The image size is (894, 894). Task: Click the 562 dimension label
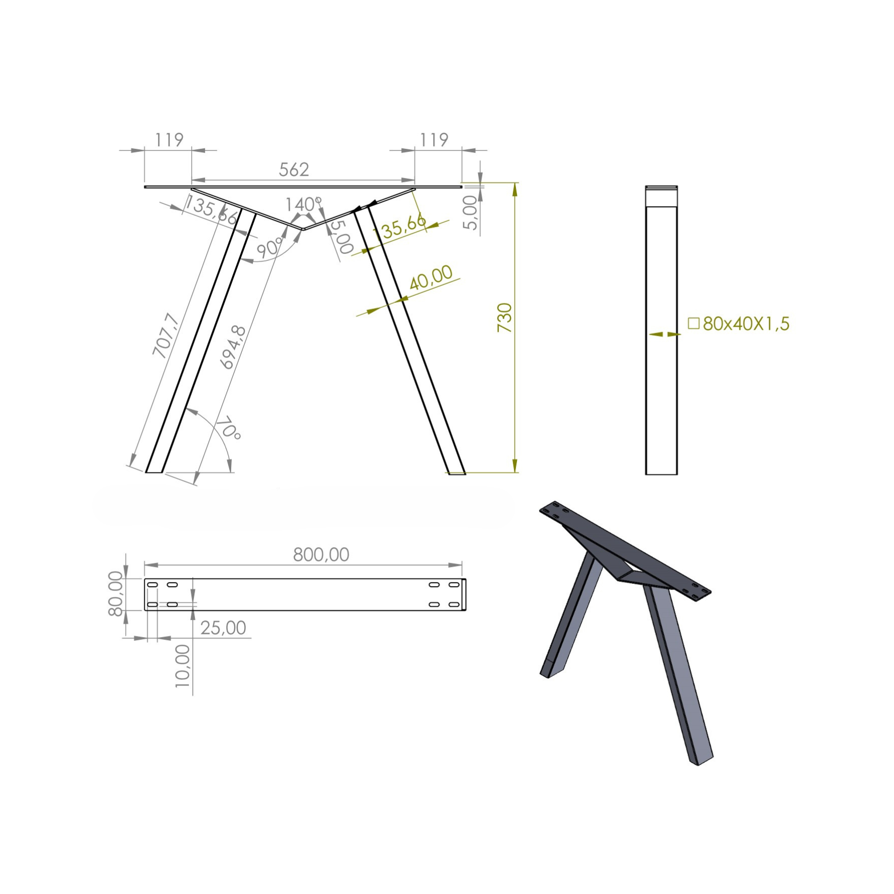[x=294, y=170]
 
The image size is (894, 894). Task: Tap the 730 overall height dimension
[x=505, y=318]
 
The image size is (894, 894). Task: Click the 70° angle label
[x=229, y=428]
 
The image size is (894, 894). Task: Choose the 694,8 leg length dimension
[x=233, y=347]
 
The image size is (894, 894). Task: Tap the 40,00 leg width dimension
[x=431, y=278]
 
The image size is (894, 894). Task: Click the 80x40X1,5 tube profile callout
[x=746, y=324]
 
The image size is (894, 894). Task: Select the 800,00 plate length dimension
[x=321, y=555]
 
